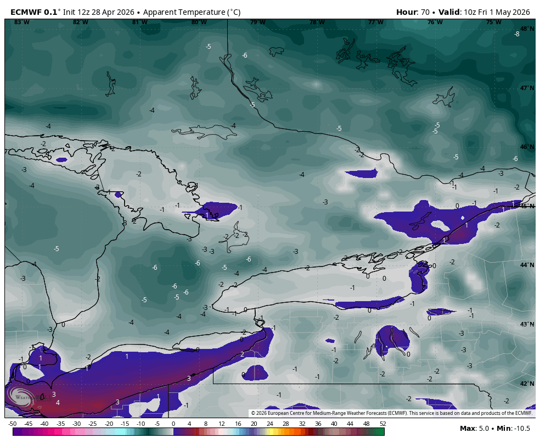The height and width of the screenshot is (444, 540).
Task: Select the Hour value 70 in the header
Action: point(425,12)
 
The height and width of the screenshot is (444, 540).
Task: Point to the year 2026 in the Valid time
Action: point(519,12)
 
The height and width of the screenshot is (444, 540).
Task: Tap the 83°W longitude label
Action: point(21,22)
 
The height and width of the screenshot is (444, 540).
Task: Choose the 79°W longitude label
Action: point(258,22)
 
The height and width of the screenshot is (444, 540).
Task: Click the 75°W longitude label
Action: point(493,22)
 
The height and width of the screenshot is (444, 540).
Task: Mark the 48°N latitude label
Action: point(527,29)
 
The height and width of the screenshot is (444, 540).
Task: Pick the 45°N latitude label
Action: point(527,206)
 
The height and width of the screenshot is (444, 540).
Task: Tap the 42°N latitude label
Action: point(527,384)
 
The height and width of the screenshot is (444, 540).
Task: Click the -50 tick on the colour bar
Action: point(12,424)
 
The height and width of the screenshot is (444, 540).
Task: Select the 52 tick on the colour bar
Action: point(383,424)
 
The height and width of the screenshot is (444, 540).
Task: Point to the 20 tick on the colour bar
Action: point(254,424)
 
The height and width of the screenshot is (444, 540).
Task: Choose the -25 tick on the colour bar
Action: point(93,424)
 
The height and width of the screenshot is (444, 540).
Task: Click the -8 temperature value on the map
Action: point(516,34)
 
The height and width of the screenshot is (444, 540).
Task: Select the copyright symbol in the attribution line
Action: point(253,413)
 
